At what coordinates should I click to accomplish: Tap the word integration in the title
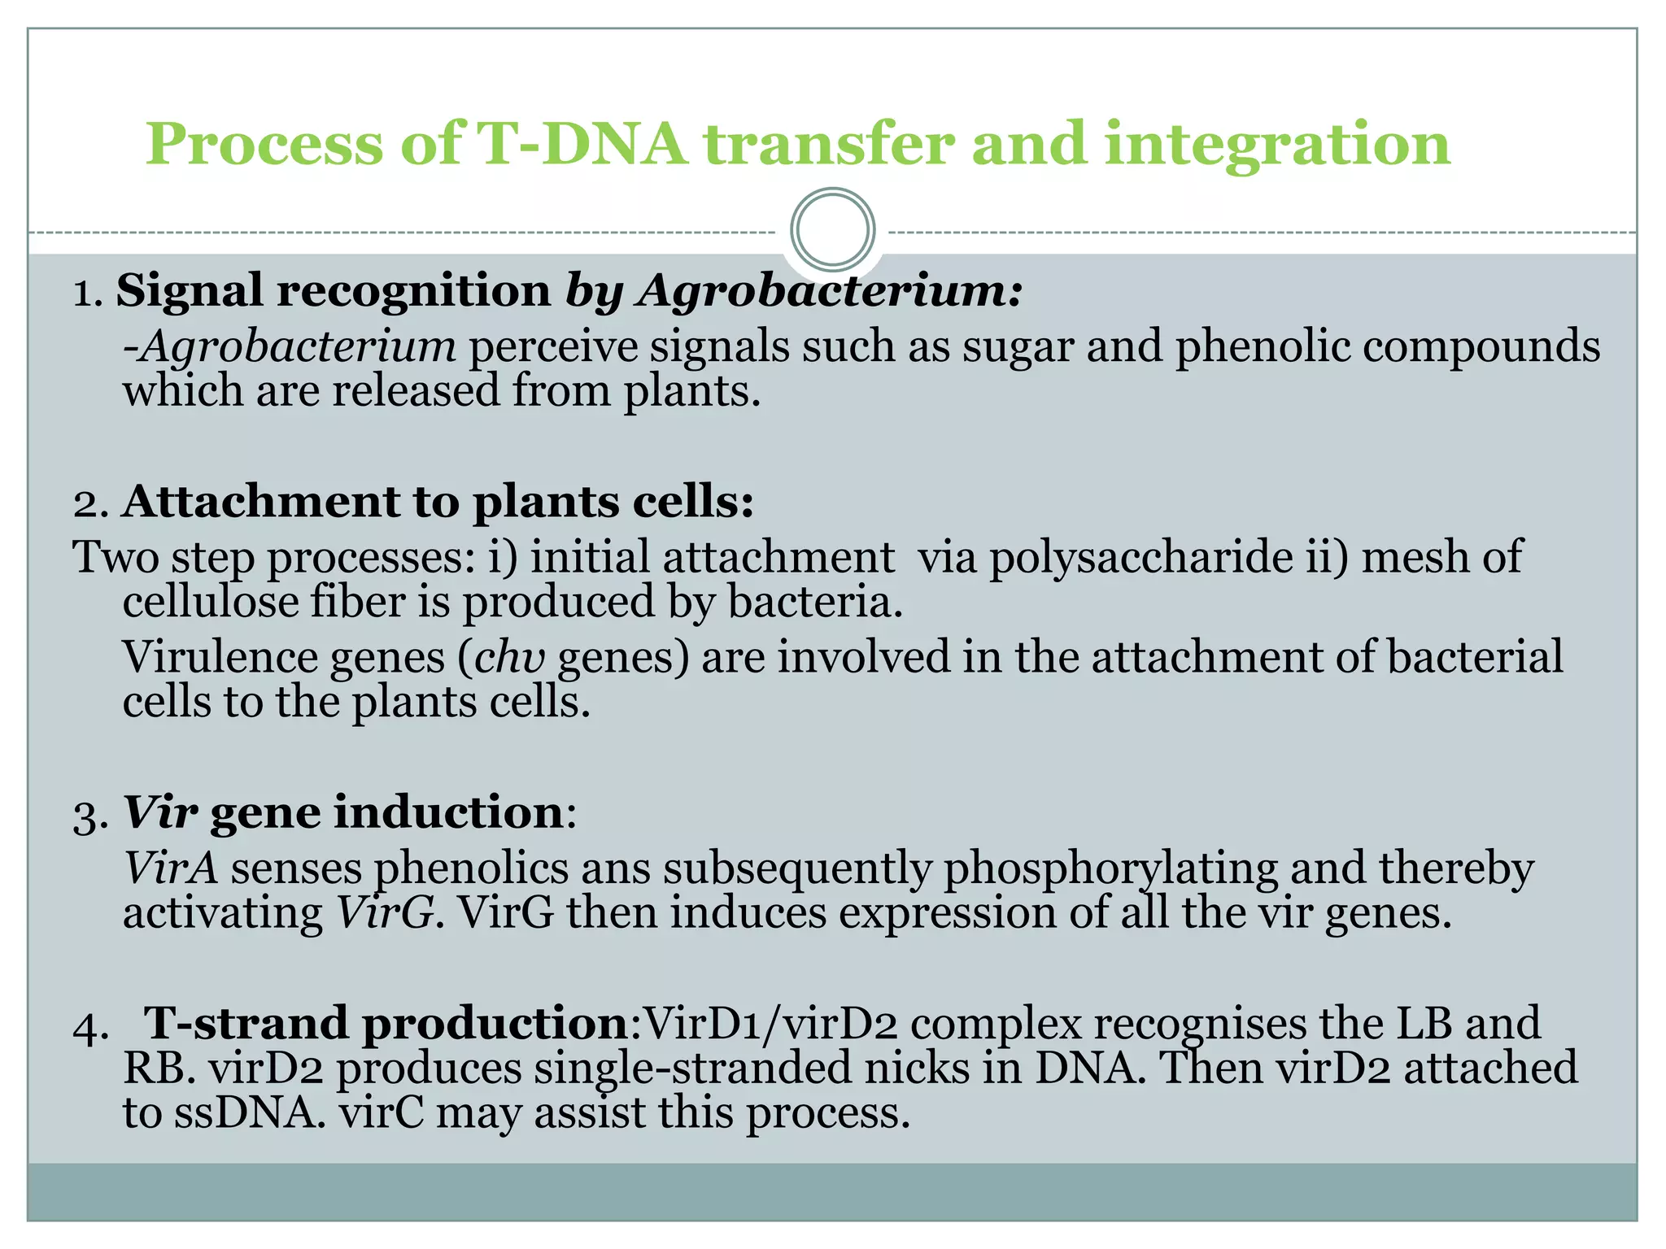(1277, 144)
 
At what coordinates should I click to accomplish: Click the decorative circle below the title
(832, 230)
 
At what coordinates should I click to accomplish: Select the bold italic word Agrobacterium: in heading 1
(830, 291)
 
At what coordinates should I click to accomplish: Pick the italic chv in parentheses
(509, 657)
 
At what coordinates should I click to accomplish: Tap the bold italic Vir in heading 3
(160, 812)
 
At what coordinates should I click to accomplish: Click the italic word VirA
(170, 868)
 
